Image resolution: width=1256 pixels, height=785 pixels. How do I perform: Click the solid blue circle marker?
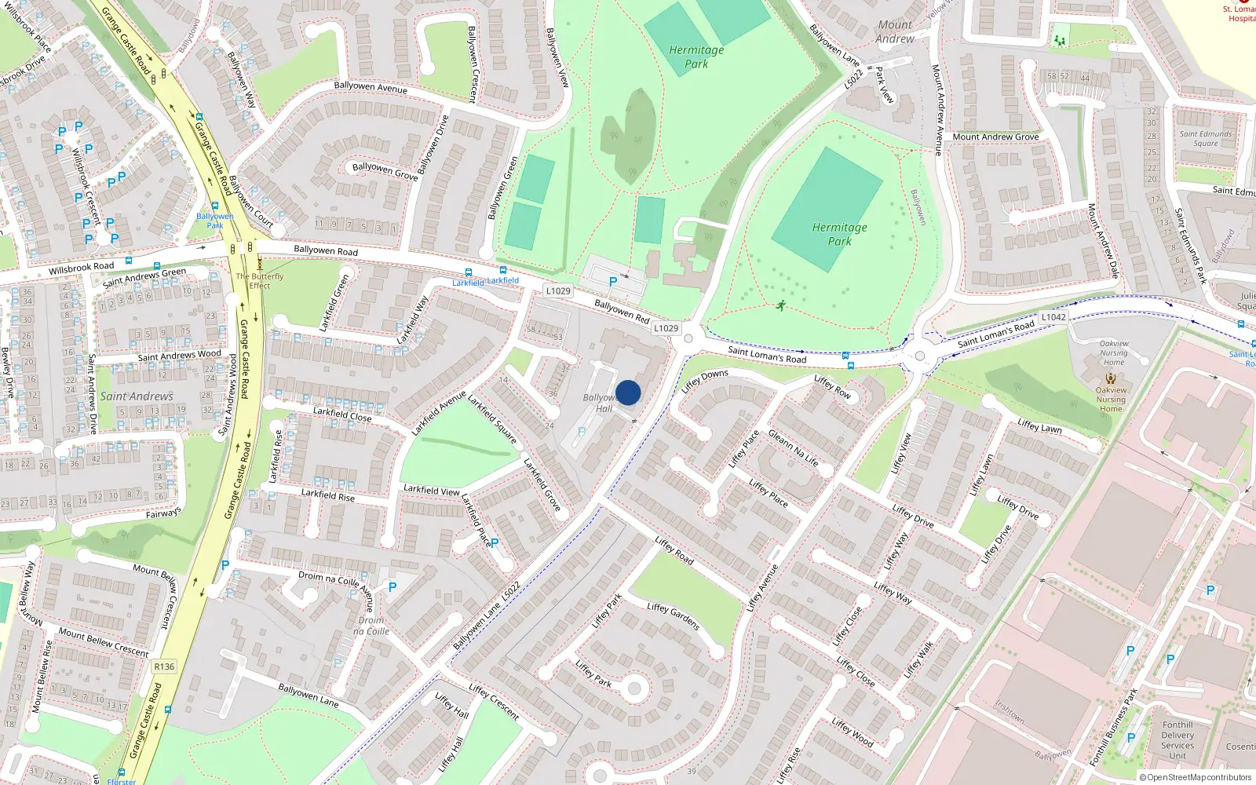[x=628, y=392]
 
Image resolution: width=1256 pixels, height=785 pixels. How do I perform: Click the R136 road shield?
[x=164, y=666]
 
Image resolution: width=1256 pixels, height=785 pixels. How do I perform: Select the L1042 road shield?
[x=1053, y=317]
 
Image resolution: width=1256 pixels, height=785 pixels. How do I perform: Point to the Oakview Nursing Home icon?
[x=1110, y=378]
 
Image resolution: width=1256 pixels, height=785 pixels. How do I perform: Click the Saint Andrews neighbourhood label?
[x=137, y=396]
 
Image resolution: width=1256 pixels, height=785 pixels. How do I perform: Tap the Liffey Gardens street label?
[x=674, y=617]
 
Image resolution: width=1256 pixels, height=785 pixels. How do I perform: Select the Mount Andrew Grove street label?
[x=995, y=137]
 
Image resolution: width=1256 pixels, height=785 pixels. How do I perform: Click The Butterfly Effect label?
[x=260, y=281]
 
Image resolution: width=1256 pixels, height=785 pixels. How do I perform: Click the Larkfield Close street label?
[x=342, y=414]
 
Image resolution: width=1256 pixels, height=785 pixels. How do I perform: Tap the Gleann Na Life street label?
[x=793, y=447]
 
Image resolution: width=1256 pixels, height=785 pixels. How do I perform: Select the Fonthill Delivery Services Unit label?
[x=1177, y=740]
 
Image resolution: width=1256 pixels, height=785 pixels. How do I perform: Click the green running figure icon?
[x=780, y=305]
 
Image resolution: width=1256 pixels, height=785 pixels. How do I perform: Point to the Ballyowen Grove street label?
[x=385, y=171]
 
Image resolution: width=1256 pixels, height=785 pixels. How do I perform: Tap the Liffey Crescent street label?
[x=494, y=701]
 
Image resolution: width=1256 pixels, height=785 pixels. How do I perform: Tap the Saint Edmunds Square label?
[x=1206, y=138]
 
